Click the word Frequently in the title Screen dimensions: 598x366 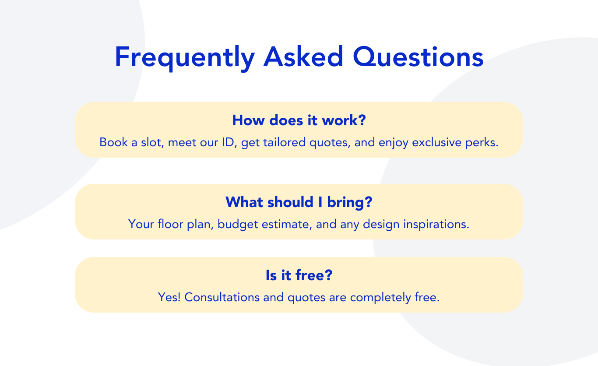[185, 58]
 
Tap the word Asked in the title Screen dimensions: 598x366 [303, 56]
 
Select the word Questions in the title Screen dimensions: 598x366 [418, 56]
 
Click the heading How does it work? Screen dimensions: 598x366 [299, 120]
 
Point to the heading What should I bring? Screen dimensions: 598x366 [299, 202]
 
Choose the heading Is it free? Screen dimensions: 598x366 [299, 275]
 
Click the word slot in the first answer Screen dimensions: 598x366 [152, 142]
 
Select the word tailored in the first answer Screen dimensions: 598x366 [284, 142]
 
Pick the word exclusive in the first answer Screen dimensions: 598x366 [437, 142]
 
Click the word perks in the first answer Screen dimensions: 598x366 [482, 143]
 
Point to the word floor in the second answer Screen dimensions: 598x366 [170, 224]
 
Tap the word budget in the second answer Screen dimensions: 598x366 [238, 225]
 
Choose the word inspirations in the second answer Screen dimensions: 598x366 [436, 225]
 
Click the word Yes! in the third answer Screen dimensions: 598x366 [169, 297]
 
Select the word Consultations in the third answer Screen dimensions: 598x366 [222, 297]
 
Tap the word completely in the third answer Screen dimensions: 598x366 [380, 298]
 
